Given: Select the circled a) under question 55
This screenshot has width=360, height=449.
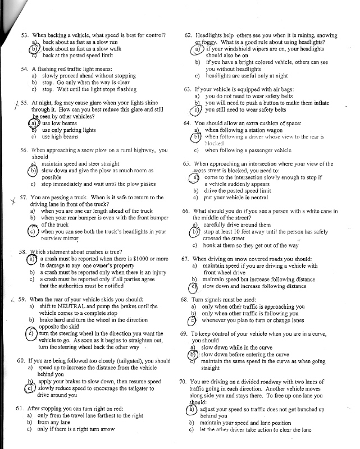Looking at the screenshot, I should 33,123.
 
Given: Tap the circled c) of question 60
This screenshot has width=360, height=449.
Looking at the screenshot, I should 30,388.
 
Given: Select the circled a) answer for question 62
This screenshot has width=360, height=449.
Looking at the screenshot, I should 198,49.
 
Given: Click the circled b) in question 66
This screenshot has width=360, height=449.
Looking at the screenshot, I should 196,231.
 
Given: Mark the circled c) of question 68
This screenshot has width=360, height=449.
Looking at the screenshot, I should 194,320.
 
